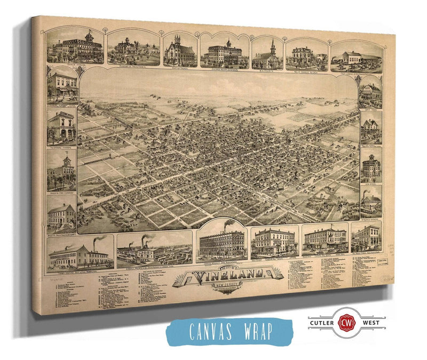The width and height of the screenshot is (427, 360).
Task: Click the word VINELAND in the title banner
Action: point(229,276)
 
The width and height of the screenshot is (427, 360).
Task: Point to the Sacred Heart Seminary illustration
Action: point(224,53)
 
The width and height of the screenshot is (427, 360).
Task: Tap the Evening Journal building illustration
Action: point(61,128)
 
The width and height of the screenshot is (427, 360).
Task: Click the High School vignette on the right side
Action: point(370,170)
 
